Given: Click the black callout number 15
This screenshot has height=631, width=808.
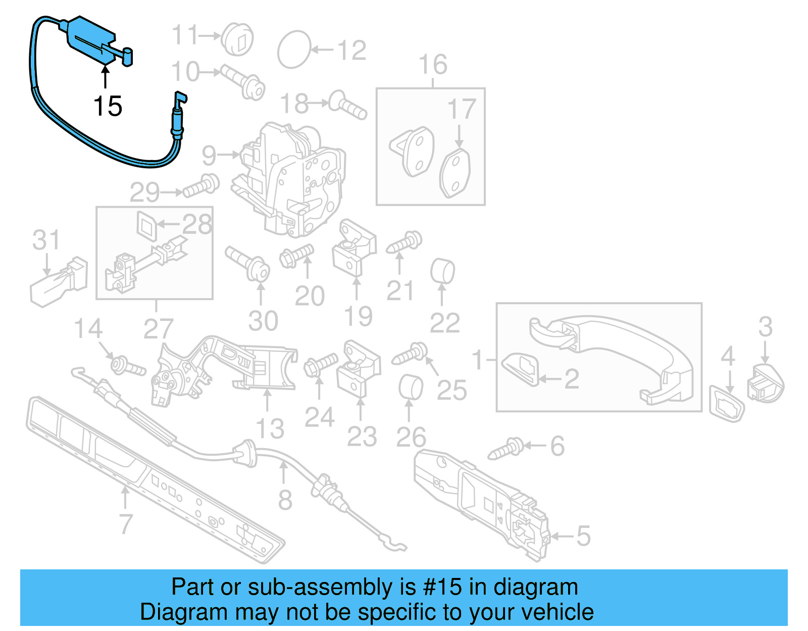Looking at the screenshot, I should pos(108,107).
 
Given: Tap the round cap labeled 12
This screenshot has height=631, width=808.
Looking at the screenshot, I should pos(294,50).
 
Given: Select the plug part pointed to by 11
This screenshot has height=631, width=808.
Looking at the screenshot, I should pos(238,38).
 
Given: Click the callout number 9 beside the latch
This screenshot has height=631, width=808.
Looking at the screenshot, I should pos(209,155).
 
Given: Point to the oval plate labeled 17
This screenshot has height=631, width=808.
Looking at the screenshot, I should pos(455,172).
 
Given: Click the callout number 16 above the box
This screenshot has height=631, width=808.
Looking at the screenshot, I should pos(433,65).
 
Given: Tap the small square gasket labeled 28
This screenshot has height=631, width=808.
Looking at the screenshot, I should pos(147,224).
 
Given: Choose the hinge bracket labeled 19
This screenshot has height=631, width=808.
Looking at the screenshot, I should pos(355,248).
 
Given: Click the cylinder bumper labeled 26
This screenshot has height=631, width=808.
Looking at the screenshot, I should pos(411,387).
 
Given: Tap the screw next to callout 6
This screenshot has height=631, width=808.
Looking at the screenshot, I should pos(507,449).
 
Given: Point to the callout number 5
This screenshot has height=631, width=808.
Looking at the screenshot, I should pos(583,536).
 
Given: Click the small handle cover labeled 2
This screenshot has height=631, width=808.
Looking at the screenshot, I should pos(520,369).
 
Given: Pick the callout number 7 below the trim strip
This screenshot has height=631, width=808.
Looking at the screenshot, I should pos(126,523).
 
